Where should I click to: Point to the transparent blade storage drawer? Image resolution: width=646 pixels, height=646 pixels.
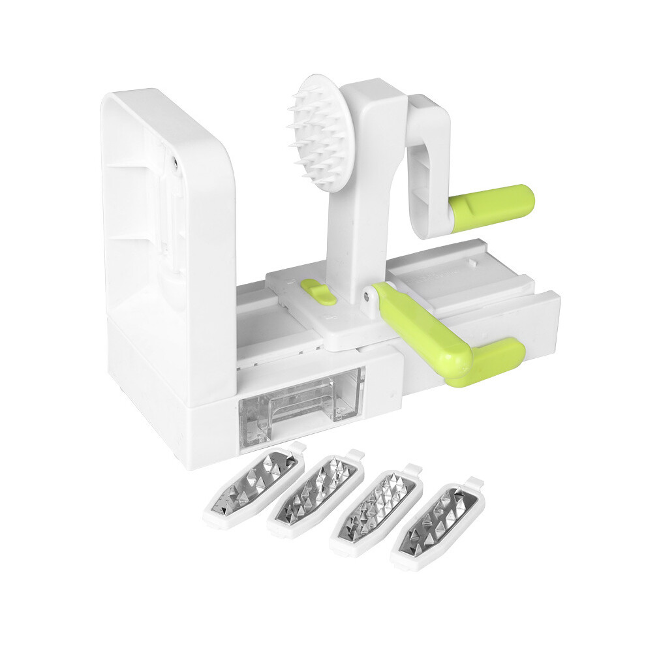tap(300, 401)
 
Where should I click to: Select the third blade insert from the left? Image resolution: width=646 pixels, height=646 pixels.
tap(377, 510)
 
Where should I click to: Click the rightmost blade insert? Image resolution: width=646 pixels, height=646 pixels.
tap(438, 526)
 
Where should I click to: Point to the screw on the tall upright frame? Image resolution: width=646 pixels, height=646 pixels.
tap(176, 159)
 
